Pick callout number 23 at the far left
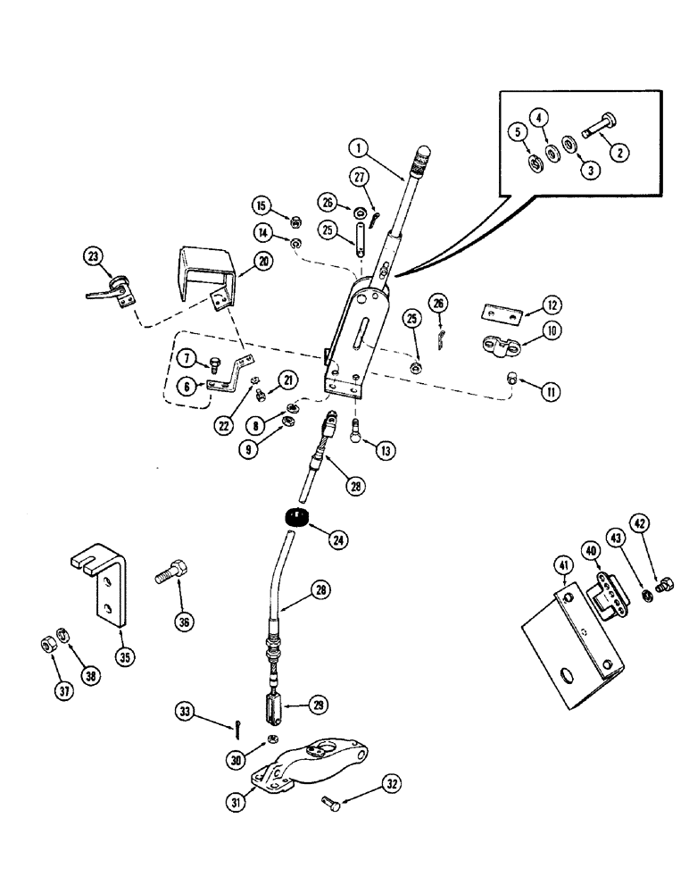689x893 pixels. pos(93,256)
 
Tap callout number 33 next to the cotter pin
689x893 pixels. pos(183,711)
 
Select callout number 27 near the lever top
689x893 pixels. pos(359,178)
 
